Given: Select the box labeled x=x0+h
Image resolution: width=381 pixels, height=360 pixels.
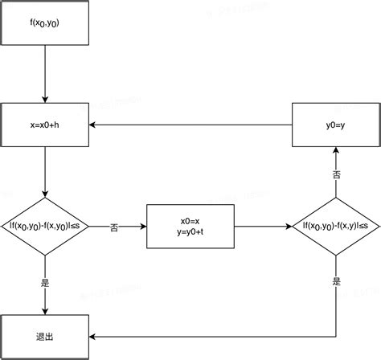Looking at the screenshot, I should tap(45, 125).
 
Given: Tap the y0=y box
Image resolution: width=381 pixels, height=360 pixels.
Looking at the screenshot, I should tap(335, 125).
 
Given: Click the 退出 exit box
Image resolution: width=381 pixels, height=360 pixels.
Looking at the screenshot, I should tap(45, 336).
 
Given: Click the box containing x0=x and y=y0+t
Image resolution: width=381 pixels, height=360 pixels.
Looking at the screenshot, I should tap(190, 227).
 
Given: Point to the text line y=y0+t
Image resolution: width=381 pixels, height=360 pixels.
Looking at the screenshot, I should tap(190, 233).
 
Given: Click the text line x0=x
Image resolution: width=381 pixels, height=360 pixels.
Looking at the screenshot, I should tap(190, 220).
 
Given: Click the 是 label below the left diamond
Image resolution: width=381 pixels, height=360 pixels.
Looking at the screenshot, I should tap(45, 282).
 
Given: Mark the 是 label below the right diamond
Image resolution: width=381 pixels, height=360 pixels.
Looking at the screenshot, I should tap(335, 282).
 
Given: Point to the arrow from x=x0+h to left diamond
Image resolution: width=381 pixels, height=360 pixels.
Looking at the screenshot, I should tap(45, 172).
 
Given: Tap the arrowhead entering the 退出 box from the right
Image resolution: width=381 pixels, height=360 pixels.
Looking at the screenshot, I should tap(92, 336).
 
